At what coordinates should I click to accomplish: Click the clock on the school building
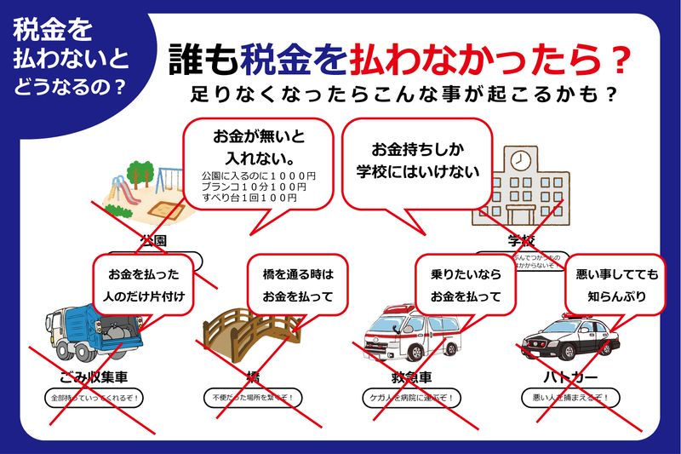point(519,159)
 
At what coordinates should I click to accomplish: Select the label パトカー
point(570,376)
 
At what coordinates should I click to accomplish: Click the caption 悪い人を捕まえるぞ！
point(570,398)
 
